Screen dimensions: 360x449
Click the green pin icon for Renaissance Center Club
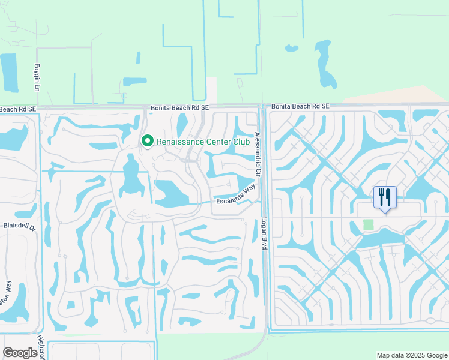pos(147,141)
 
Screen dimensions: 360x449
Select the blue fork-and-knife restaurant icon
pos(384,197)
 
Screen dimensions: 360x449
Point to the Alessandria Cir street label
pos(258,154)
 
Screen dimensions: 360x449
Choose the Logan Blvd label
pos(264,234)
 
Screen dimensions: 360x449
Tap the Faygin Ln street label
pos(37,77)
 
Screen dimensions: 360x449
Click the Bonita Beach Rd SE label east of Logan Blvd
pos(300,106)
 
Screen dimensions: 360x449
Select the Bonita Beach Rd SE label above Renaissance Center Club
pos(179,107)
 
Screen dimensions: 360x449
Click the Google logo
pos(20,353)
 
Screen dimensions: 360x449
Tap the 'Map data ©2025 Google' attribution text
pos(411,355)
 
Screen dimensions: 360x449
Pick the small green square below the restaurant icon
pos(368,224)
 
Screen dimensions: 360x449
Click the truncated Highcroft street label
pos(41,346)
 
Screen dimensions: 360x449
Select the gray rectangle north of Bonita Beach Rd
pos(211,89)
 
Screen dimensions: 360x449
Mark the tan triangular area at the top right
pos(420,95)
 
